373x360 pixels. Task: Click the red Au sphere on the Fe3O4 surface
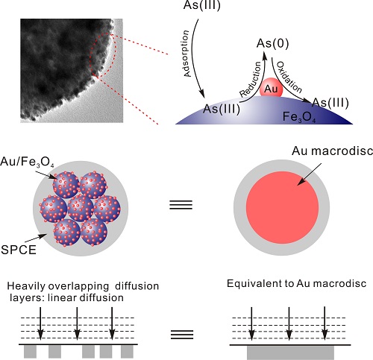[x=271, y=87]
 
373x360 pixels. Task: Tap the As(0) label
[x=273, y=43]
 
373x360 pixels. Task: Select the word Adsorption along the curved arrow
[x=187, y=54]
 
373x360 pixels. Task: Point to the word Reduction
[x=251, y=79]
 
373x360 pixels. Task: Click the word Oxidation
[x=289, y=77]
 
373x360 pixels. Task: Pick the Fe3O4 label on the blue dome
[x=299, y=117]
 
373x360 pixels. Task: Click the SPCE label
[x=19, y=250]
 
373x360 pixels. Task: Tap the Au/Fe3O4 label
[x=27, y=162]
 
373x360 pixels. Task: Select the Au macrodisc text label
[x=333, y=151]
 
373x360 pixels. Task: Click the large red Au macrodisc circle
[x=282, y=207]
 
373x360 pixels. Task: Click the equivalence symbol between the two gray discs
[x=181, y=205]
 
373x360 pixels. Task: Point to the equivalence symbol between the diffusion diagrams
[x=182, y=335]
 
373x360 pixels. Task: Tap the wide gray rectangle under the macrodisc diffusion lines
[x=290, y=353]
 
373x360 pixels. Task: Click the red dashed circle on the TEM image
[x=103, y=54]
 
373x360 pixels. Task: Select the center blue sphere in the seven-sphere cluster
[x=81, y=208]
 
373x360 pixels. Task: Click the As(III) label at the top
[x=201, y=5]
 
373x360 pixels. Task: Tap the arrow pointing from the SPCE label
[x=36, y=238]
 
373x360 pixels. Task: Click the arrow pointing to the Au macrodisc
[x=310, y=174]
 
